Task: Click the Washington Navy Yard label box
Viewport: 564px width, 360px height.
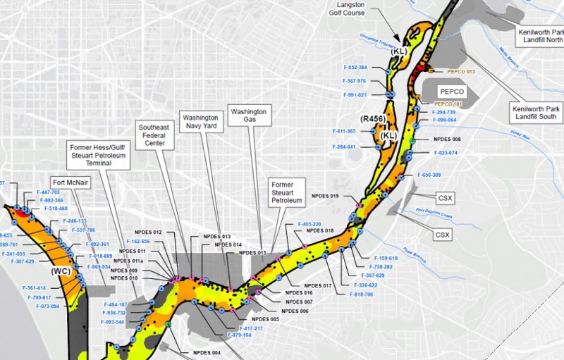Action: [x=200, y=122]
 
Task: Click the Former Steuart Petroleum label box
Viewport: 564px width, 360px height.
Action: [x=286, y=192]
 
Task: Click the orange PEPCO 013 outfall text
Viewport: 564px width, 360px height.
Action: [x=462, y=72]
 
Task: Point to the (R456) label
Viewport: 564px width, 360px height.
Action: [x=372, y=119]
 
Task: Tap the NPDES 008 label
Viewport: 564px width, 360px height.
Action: [x=447, y=139]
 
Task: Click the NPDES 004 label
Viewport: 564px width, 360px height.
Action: [x=207, y=352]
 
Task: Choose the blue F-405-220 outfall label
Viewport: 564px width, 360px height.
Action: [x=309, y=224]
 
